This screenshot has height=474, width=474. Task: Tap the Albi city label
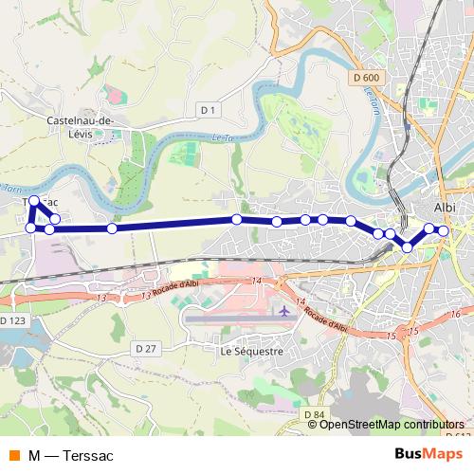(444, 207)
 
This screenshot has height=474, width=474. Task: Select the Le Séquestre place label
(251, 351)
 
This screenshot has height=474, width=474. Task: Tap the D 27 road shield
(145, 348)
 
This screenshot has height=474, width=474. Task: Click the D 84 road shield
(315, 414)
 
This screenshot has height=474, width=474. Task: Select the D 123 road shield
(12, 321)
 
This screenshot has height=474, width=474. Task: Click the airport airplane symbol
(284, 310)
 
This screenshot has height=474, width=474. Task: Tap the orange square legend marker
(13, 456)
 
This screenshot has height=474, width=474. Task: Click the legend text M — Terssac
(70, 456)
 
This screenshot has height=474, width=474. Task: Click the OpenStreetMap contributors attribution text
(392, 425)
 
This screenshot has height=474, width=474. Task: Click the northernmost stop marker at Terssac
(35, 201)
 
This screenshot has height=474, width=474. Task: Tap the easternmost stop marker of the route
(443, 230)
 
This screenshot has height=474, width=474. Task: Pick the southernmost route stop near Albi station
(408, 246)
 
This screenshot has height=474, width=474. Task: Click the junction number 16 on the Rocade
(455, 314)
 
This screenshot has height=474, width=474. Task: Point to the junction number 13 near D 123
(101, 299)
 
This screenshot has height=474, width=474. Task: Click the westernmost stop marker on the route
(30, 228)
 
